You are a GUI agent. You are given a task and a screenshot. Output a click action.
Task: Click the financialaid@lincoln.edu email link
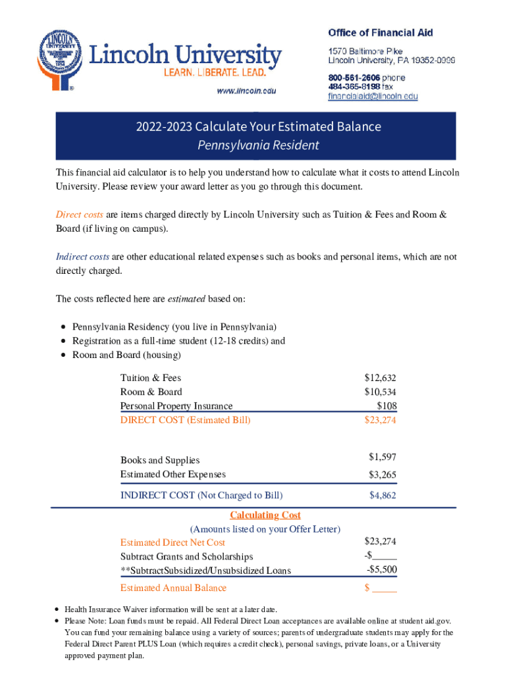click(x=373, y=96)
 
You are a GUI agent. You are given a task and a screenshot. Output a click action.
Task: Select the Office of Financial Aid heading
click(x=380, y=32)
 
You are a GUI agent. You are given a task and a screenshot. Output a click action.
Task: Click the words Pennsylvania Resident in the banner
click(x=258, y=145)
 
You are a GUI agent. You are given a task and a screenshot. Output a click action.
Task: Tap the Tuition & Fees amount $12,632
click(x=380, y=378)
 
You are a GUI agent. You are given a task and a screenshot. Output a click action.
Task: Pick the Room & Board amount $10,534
click(x=380, y=392)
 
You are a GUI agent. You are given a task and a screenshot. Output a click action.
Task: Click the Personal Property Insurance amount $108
click(x=386, y=405)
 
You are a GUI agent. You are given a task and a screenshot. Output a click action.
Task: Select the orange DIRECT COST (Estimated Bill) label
click(x=185, y=419)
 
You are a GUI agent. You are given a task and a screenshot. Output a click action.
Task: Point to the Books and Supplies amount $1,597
click(x=382, y=457)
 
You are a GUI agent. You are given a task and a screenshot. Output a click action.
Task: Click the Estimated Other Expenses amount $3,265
click(x=382, y=475)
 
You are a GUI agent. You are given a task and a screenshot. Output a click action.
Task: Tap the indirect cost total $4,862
click(x=383, y=495)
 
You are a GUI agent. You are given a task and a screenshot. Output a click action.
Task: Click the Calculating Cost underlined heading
click(x=265, y=515)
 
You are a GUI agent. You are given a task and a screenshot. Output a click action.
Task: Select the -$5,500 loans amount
click(x=381, y=569)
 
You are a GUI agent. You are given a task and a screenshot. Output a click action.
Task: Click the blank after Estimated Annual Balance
click(x=385, y=588)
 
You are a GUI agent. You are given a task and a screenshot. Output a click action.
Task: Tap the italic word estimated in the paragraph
click(x=186, y=299)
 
